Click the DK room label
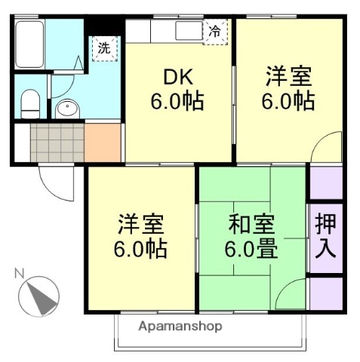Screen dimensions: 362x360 click(x=177, y=78)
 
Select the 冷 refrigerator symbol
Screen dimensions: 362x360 click(x=214, y=32)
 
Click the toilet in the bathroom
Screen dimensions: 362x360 click(x=29, y=101)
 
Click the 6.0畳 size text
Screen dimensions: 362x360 click(x=251, y=248)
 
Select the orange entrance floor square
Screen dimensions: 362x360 click(x=103, y=143)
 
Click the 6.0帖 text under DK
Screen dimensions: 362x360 click(x=177, y=102)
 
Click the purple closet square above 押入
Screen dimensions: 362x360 click(x=325, y=183)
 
